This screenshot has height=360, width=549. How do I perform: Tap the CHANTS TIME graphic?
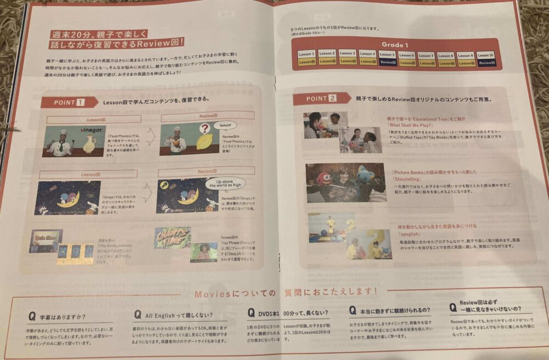(172, 237)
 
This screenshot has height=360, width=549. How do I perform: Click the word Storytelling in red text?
(408, 178)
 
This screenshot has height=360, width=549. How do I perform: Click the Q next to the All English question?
(137, 314)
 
